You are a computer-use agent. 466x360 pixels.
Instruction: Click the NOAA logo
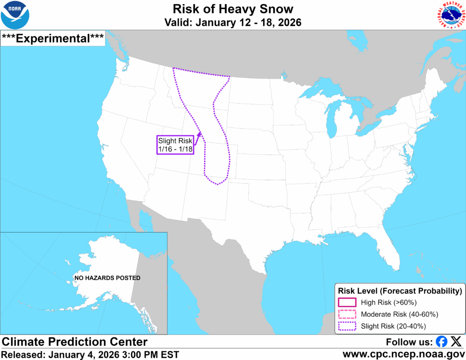click(x=15, y=15)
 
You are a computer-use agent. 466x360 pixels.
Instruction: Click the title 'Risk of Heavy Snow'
click(x=233, y=9)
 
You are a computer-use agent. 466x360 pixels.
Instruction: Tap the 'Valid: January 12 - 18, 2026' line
click(x=233, y=22)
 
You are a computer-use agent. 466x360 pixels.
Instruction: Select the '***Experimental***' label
click(x=53, y=38)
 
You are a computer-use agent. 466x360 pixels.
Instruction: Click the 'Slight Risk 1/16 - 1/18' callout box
click(x=175, y=145)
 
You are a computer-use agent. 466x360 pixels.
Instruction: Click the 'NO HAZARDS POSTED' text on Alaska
click(x=107, y=278)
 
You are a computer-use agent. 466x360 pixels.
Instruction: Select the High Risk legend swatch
click(x=347, y=302)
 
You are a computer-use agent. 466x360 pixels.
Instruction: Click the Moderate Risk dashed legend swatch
click(x=347, y=314)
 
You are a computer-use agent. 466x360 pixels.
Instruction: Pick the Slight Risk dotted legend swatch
click(x=347, y=326)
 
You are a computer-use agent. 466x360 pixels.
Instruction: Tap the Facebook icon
click(x=441, y=342)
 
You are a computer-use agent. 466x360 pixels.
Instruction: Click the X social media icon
click(x=456, y=342)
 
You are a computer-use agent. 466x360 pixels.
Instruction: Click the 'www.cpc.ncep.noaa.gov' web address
click(x=403, y=354)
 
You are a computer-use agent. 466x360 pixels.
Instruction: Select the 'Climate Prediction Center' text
click(x=75, y=342)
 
